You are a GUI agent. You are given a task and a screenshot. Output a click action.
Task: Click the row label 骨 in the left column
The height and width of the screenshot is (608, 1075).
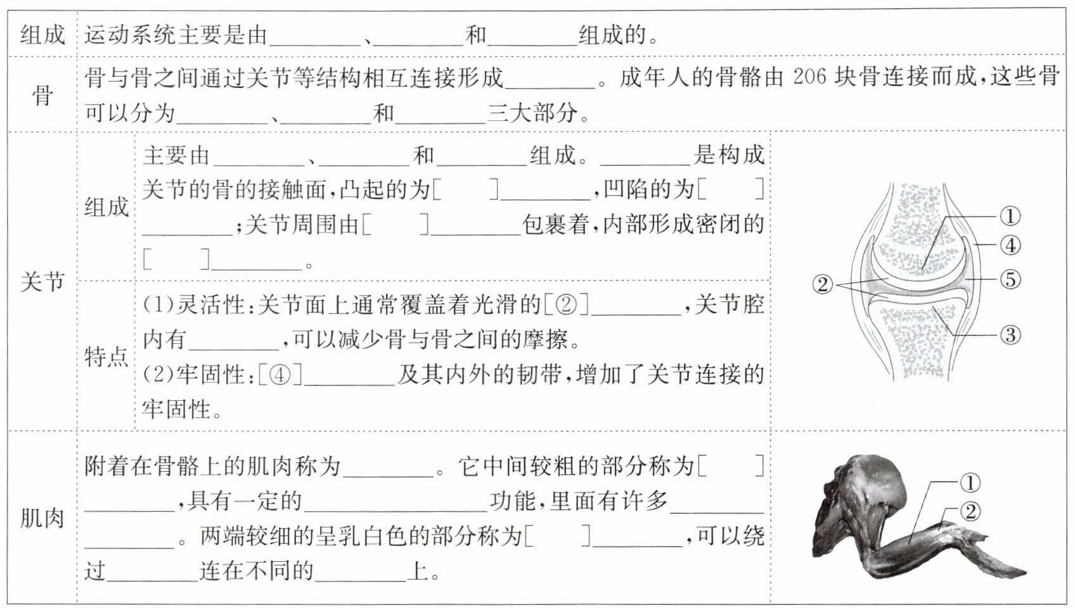(x=42, y=96)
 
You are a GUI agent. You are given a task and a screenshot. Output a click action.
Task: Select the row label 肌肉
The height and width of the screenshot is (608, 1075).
(x=42, y=519)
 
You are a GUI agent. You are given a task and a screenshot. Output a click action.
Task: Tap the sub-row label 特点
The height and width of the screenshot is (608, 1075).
(x=106, y=357)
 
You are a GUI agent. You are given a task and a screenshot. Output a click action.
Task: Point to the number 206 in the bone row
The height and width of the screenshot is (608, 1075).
(x=809, y=77)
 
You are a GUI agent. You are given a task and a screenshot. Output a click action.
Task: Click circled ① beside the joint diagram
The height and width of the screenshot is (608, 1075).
(x=1010, y=217)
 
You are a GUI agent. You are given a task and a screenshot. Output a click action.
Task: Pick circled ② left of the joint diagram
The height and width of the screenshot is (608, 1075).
(x=823, y=284)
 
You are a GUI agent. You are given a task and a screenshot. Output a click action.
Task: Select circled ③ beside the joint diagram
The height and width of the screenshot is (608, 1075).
(x=1010, y=334)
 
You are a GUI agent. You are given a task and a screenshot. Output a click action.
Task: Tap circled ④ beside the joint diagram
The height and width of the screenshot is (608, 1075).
(x=1010, y=245)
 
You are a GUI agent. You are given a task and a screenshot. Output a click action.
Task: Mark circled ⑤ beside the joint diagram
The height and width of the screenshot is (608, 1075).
(x=1010, y=279)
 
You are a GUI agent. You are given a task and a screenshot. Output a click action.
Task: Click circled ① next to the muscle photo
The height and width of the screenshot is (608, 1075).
(x=970, y=483)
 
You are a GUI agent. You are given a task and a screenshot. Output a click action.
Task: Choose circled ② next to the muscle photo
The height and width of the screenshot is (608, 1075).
(x=970, y=511)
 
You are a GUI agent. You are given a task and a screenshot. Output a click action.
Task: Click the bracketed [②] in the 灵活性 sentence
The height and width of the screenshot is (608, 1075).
(x=566, y=306)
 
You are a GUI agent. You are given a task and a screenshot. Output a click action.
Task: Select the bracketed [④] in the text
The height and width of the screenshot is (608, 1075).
(x=280, y=376)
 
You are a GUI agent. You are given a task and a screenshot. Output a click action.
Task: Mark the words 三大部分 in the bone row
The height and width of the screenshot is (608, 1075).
(x=532, y=113)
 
